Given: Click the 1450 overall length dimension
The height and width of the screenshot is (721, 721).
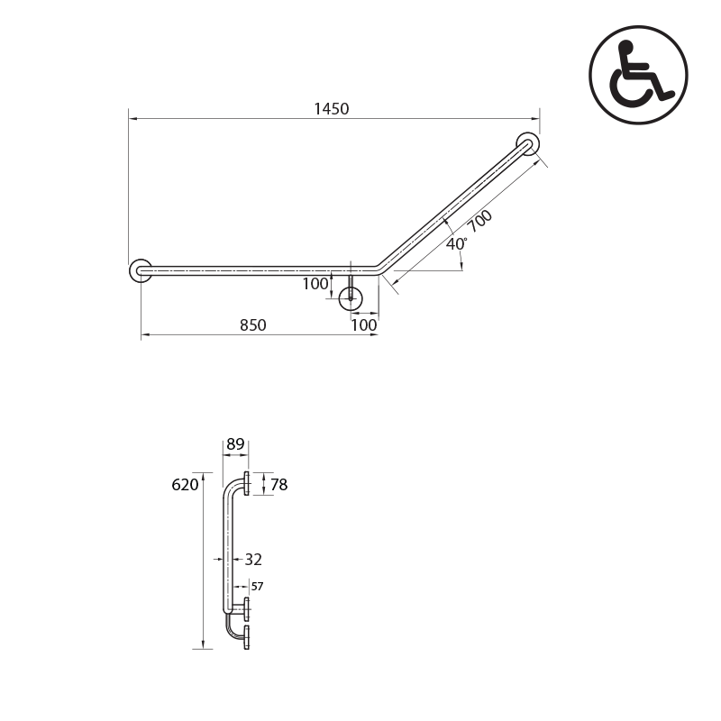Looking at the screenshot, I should click(x=331, y=109).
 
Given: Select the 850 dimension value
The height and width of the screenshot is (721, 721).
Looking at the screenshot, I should click(x=252, y=325).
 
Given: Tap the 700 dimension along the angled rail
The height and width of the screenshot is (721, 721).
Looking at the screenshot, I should click(x=479, y=222).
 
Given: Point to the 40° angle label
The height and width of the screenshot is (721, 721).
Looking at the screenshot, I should click(x=456, y=244).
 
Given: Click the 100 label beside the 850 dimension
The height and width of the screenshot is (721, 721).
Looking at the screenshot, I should click(x=364, y=325).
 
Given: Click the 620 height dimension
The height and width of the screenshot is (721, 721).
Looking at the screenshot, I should click(x=184, y=485).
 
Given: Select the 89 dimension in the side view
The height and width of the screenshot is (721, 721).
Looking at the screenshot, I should click(x=235, y=444).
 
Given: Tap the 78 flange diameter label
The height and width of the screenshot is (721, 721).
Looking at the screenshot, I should click(x=278, y=485).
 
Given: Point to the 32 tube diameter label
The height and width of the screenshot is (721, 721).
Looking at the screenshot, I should click(x=253, y=560).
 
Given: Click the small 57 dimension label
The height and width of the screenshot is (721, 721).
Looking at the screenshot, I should click(x=257, y=587).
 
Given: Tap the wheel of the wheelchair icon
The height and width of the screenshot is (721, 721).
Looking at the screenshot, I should click(x=629, y=87).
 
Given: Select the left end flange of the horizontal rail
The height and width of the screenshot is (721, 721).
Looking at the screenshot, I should click(x=141, y=269).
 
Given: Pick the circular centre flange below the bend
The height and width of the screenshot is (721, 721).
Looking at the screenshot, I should click(x=351, y=298).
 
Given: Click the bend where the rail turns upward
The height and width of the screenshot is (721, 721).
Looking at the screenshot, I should click(x=379, y=269).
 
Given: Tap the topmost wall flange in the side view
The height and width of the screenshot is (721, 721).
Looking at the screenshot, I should click(x=246, y=483).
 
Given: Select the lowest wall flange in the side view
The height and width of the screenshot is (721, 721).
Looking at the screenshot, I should click(x=246, y=639).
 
